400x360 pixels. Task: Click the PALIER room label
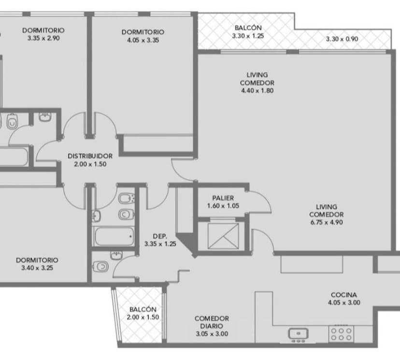pos(223,198)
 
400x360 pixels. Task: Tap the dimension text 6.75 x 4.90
pos(327,222)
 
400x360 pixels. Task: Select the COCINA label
pos(343,295)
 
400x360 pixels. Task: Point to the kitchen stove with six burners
pos(341,334)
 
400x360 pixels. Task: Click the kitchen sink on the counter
pos(298,333)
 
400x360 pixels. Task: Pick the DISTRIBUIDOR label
pos(90,156)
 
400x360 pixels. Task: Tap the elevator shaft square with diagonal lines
pos(223,236)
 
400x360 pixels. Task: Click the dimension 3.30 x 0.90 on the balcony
pos(342,39)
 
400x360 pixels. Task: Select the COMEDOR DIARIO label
pos(212,322)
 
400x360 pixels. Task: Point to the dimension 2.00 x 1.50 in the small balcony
pos(143,317)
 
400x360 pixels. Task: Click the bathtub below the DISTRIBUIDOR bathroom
pos(114,236)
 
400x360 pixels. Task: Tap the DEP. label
pos(160,236)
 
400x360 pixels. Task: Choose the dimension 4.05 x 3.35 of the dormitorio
pos(143,40)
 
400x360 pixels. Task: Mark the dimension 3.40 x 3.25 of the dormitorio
pos(37,268)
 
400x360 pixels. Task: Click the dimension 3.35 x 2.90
pos(43,38)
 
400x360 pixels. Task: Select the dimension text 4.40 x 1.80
pos(257,90)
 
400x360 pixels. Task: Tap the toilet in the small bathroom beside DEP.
pos(101,267)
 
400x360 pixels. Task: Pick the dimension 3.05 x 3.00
pos(212,334)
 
